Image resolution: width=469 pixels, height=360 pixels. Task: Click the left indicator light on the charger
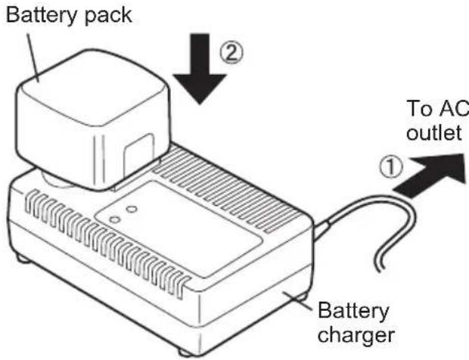(114, 219)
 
